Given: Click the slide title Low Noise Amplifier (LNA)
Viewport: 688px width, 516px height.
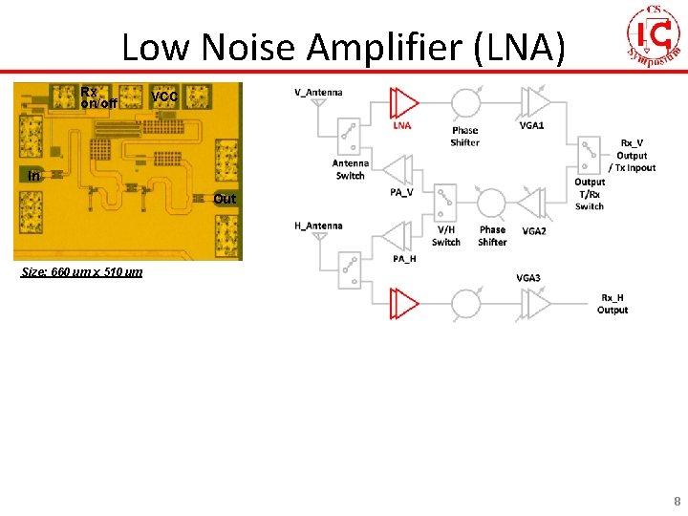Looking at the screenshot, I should (343, 48).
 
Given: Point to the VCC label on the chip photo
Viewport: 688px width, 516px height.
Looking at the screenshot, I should (164, 97).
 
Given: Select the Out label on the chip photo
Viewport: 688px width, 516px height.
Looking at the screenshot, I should (225, 199).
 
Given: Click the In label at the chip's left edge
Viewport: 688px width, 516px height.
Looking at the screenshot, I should (34, 176).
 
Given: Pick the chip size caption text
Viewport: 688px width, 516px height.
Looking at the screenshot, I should (82, 272).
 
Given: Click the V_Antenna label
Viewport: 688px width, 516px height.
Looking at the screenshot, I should (318, 93).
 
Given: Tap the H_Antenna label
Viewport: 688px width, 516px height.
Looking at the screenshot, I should (318, 226).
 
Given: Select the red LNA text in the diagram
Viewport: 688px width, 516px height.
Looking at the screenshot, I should (402, 125).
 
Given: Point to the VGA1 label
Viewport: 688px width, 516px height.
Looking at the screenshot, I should (531, 125).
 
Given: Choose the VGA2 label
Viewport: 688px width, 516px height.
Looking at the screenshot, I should (534, 231).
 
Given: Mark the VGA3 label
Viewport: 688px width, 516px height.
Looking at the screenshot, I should (528, 278).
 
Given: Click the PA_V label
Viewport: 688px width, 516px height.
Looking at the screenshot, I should (401, 192).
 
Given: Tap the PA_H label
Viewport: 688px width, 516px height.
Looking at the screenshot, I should (404, 259).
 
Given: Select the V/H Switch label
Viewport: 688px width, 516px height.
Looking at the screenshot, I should (446, 236).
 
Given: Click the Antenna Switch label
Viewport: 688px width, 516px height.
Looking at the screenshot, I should (351, 169).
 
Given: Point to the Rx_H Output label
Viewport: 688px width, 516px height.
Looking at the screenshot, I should (613, 303).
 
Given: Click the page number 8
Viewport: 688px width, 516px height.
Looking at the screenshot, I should (677, 500).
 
